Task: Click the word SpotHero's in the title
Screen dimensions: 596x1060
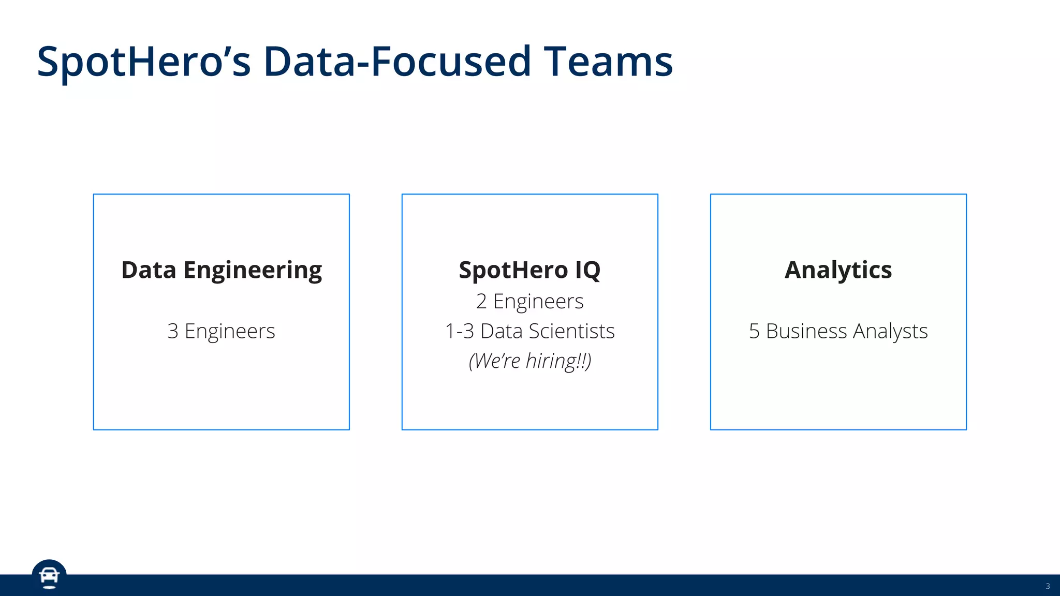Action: (x=144, y=62)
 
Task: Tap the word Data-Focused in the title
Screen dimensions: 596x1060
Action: (x=397, y=62)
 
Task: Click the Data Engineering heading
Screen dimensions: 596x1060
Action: (x=222, y=270)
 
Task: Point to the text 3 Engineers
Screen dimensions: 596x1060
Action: (x=221, y=331)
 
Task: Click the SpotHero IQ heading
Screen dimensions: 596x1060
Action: (x=529, y=270)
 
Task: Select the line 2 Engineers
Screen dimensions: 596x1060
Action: (x=529, y=301)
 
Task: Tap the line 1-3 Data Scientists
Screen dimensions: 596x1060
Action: (x=529, y=331)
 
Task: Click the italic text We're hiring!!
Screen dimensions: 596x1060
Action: (x=529, y=361)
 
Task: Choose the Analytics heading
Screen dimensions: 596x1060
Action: (x=838, y=270)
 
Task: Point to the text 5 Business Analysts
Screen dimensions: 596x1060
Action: (x=838, y=331)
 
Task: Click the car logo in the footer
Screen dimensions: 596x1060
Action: (x=49, y=576)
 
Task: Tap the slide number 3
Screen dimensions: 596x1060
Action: (x=1048, y=586)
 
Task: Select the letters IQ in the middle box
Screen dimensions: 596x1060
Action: (x=587, y=270)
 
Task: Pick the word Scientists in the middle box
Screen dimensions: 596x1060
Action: (x=572, y=331)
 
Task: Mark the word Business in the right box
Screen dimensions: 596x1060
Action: (x=806, y=331)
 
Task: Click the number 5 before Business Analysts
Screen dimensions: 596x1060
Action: (x=754, y=331)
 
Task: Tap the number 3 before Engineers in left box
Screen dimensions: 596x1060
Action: (x=173, y=331)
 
